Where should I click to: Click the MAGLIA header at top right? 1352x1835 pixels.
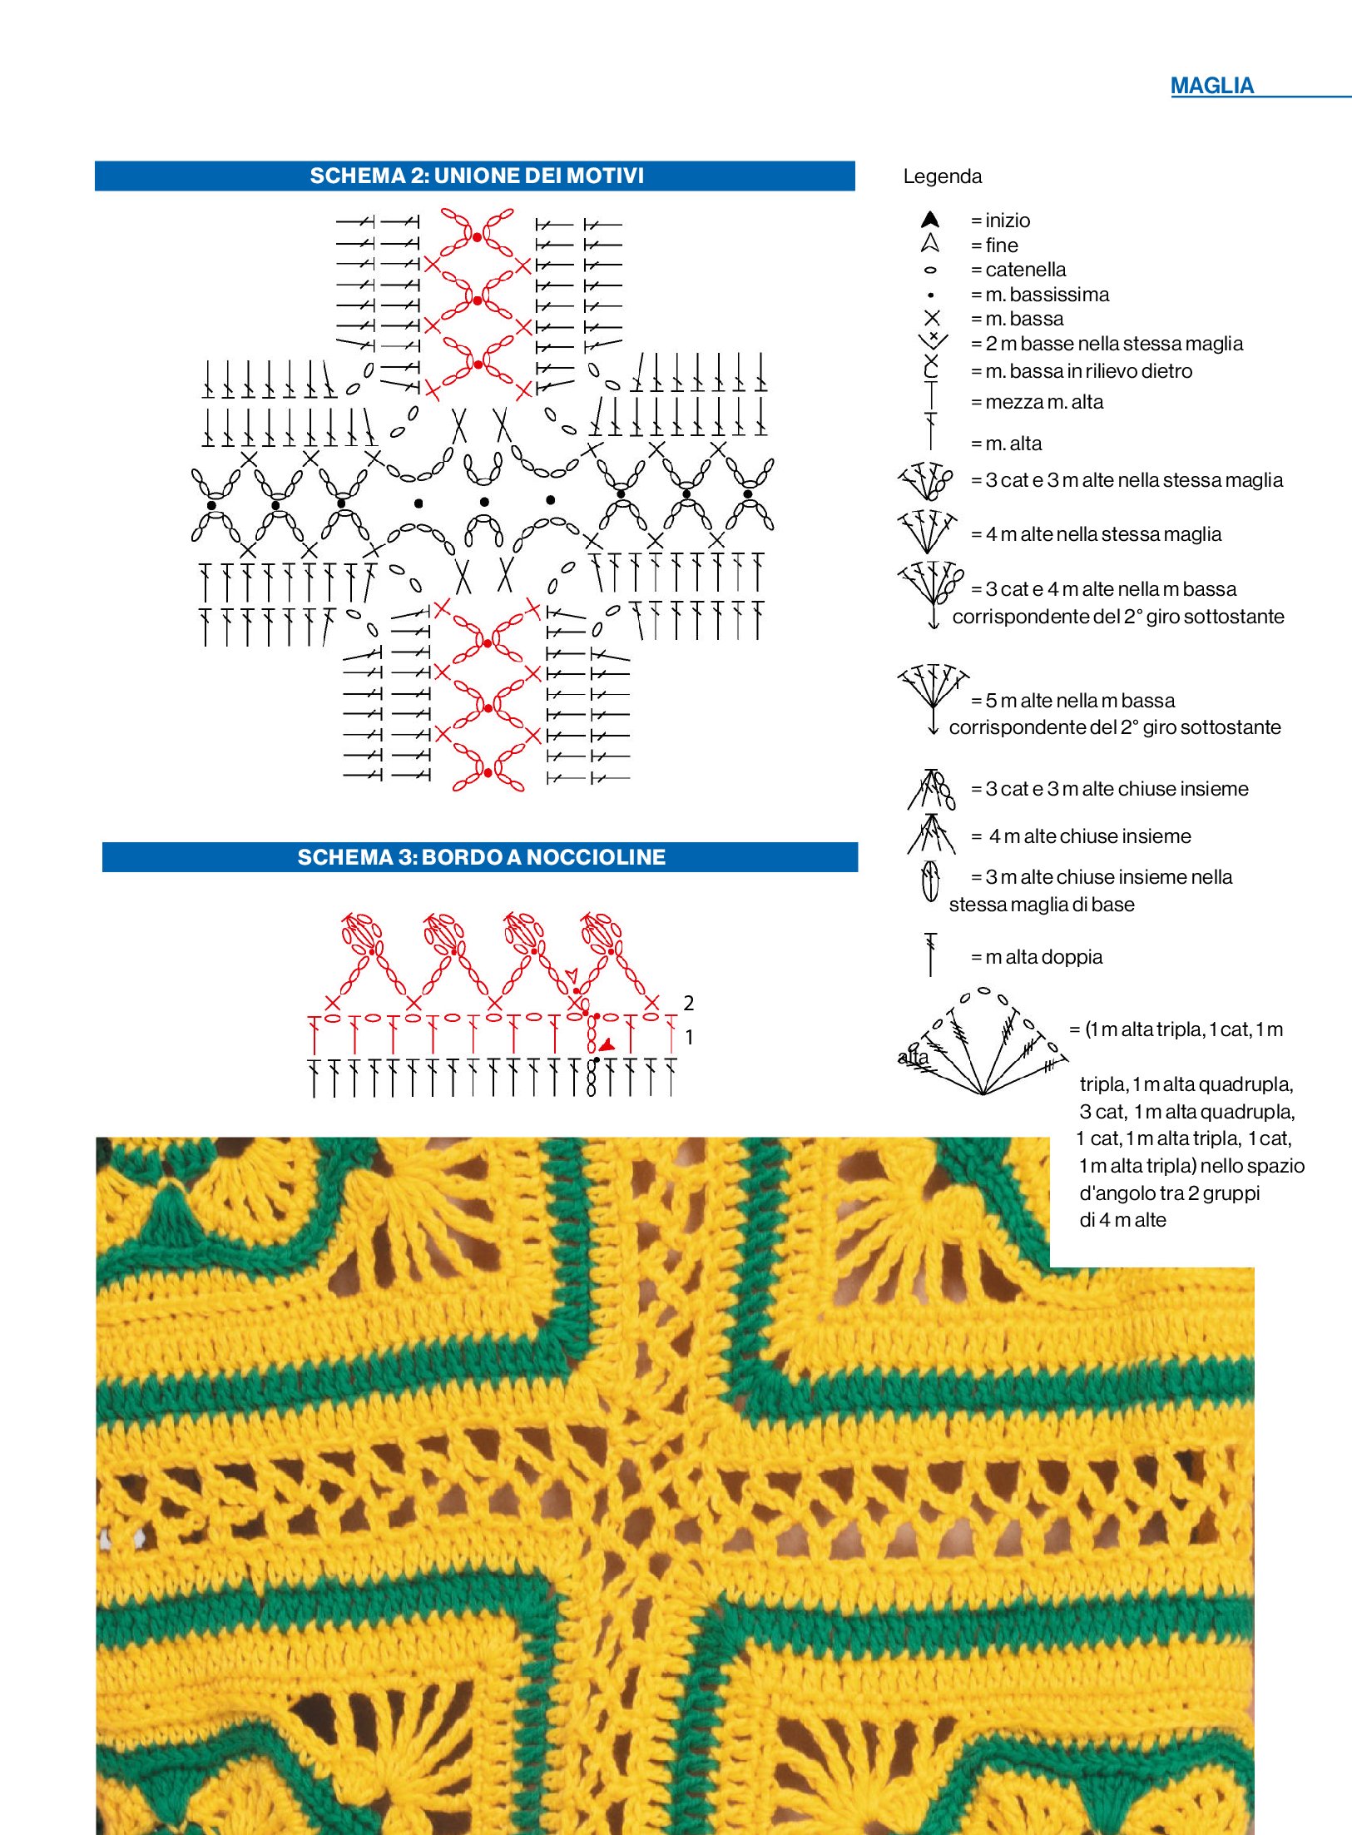pyautogui.click(x=1211, y=86)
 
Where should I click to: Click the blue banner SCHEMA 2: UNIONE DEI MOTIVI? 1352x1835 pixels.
pyautogui.click(x=475, y=176)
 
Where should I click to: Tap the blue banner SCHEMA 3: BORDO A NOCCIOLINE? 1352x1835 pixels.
pyautogui.click(x=480, y=857)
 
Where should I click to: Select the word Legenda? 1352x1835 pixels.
pyautogui.click(x=943, y=176)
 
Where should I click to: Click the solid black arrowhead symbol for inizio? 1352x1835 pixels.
pyautogui.click(x=930, y=220)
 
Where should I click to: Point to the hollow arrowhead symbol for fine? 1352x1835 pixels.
pyautogui.click(x=930, y=243)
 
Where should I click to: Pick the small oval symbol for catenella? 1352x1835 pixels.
pyautogui.click(x=930, y=270)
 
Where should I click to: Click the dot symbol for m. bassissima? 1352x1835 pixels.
pyautogui.click(x=930, y=295)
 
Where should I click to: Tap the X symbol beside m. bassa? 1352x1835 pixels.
pyautogui.click(x=932, y=318)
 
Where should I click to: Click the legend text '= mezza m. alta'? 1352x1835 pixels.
pyautogui.click(x=1037, y=402)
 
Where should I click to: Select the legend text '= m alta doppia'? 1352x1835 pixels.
pyautogui.click(x=1037, y=957)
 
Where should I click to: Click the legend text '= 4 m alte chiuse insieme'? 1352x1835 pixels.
pyautogui.click(x=1082, y=836)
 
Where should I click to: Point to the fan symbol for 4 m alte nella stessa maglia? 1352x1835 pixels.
pyautogui.click(x=927, y=532)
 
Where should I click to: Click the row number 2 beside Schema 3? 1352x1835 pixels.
pyautogui.click(x=689, y=1004)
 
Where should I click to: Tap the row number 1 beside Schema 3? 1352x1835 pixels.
pyautogui.click(x=689, y=1038)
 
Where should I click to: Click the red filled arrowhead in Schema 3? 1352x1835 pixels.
pyautogui.click(x=607, y=1044)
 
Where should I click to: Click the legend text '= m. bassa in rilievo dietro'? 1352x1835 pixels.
pyautogui.click(x=1082, y=371)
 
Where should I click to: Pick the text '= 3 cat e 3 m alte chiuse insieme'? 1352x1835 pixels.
pyautogui.click(x=1110, y=789)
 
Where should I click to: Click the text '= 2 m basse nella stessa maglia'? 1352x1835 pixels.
pyautogui.click(x=1107, y=344)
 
